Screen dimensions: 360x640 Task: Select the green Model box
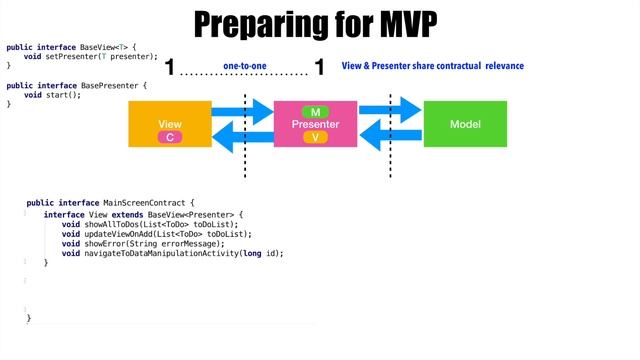pyautogui.click(x=465, y=124)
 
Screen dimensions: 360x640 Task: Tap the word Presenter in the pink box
pyautogui.click(x=315, y=124)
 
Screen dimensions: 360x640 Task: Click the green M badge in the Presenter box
pyautogui.click(x=315, y=111)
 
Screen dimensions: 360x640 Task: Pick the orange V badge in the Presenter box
pyautogui.click(x=315, y=137)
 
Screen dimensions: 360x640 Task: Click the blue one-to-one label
pyautogui.click(x=244, y=65)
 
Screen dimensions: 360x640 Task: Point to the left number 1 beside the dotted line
pyautogui.click(x=170, y=68)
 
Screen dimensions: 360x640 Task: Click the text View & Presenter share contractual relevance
pyautogui.click(x=432, y=66)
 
